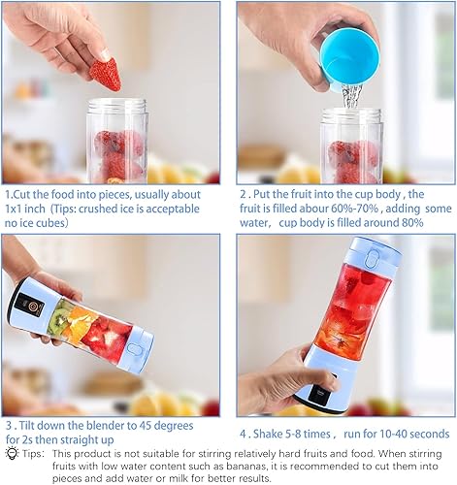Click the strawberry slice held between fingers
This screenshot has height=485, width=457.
106,75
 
